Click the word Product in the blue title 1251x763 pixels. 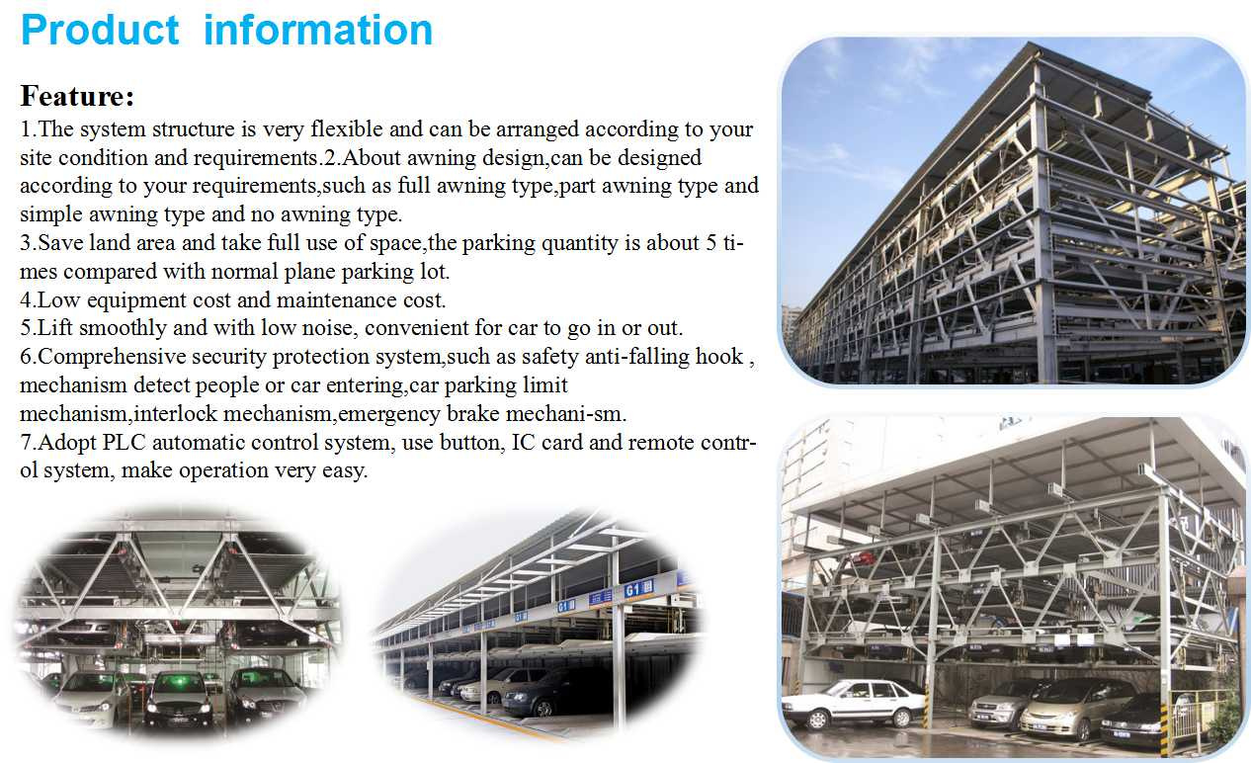(x=100, y=30)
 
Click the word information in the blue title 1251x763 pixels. (x=318, y=30)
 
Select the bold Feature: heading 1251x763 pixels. (x=77, y=96)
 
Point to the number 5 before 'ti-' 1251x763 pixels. (x=710, y=243)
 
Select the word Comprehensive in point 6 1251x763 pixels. (x=112, y=357)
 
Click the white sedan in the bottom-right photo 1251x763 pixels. (x=853, y=704)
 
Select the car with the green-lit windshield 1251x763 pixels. (x=179, y=698)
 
